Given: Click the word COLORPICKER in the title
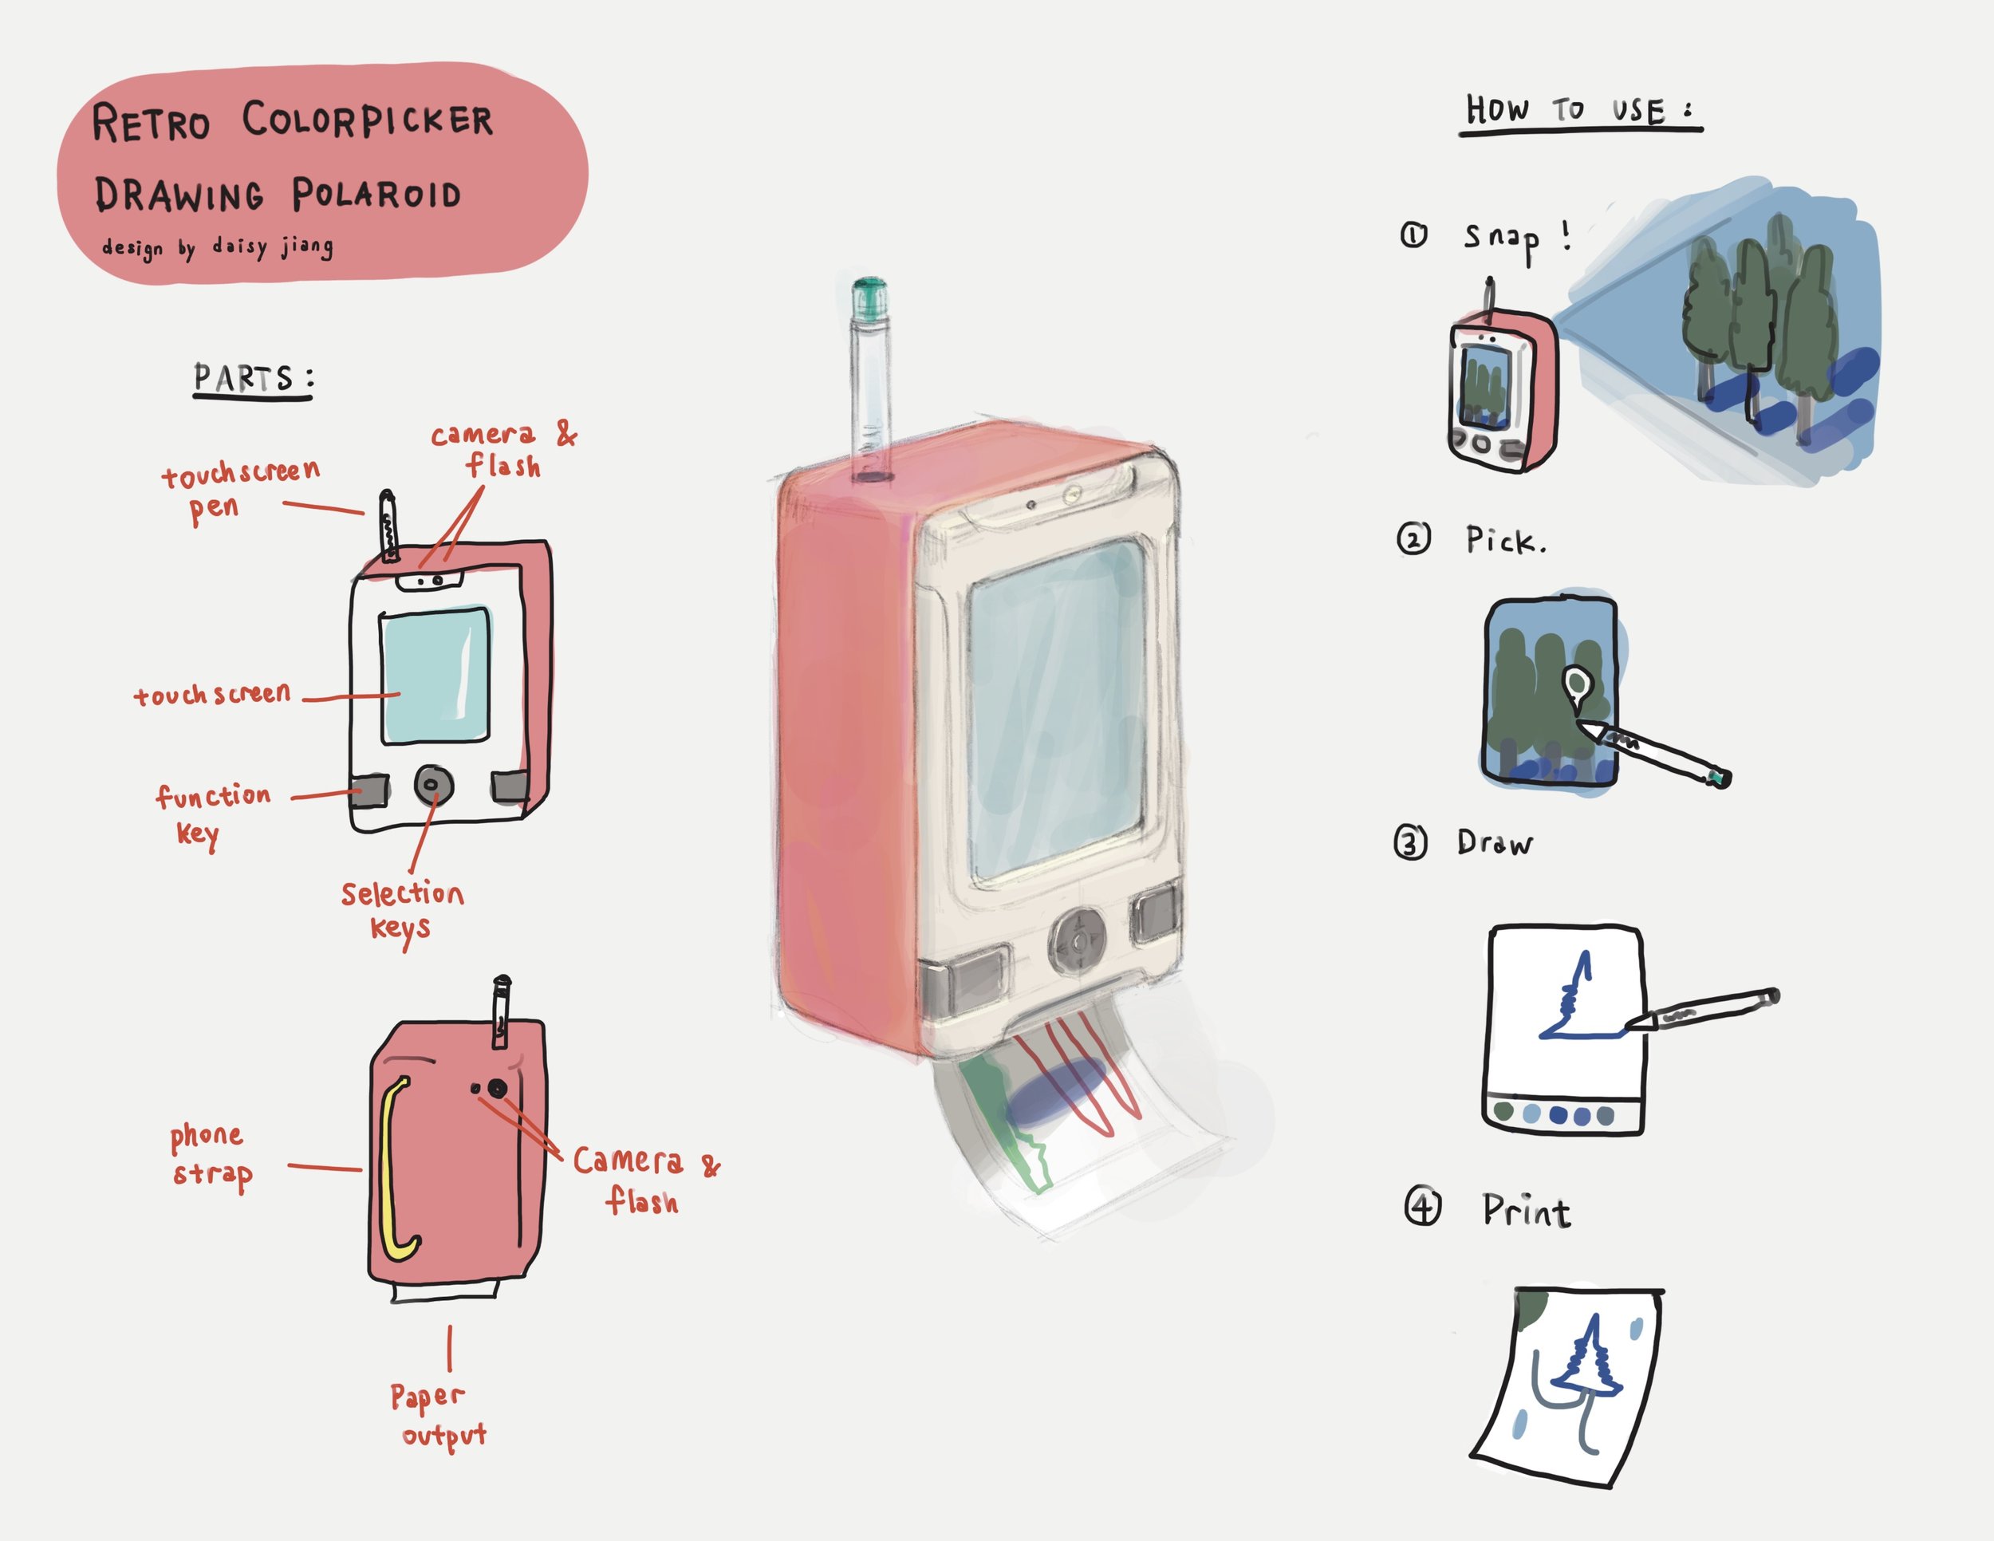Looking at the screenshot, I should (367, 120).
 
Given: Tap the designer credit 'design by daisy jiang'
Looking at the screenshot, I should (217, 247).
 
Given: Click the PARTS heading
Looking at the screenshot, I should (252, 378).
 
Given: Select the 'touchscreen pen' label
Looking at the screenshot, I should (239, 489).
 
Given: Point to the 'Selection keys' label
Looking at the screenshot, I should (402, 909).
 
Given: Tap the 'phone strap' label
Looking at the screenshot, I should (209, 1154).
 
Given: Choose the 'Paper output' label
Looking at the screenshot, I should (436, 1414).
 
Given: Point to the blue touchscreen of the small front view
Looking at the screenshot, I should (435, 676).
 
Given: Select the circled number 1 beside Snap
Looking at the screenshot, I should (1413, 235).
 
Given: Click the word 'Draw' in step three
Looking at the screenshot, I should (1494, 842).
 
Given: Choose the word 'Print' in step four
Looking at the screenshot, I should (1526, 1212).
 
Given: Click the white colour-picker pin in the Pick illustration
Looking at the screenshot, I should (1576, 684).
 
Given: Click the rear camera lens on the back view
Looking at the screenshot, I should (497, 1088).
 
